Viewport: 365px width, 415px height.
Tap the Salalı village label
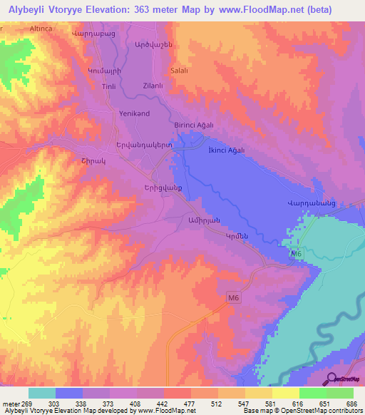click(x=179, y=71)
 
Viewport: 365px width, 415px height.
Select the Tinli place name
click(x=109, y=86)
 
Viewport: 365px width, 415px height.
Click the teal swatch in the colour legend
click(x=42, y=393)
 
